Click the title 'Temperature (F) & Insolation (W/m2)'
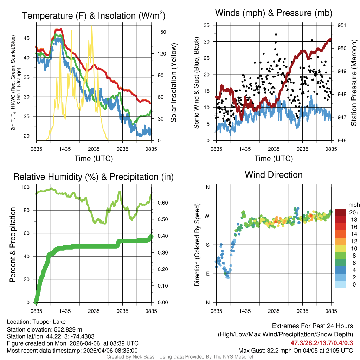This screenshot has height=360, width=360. pos(94,16)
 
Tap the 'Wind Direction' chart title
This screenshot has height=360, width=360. pos(274,175)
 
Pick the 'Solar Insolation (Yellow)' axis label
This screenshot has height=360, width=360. pos(173,83)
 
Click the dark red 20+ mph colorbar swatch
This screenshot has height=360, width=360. pos(340,212)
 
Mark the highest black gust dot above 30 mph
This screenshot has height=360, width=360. pos(276,34)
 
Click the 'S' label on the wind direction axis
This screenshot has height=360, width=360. pos(208,245)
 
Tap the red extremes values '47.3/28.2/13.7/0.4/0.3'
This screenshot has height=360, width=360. pos(322,343)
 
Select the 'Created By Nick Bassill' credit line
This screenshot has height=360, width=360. pos(180,357)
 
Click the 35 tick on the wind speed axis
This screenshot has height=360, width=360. pos(207,25)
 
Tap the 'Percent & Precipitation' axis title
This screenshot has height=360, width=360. pos(13,245)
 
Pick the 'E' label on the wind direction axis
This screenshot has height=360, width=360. pos(208,274)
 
